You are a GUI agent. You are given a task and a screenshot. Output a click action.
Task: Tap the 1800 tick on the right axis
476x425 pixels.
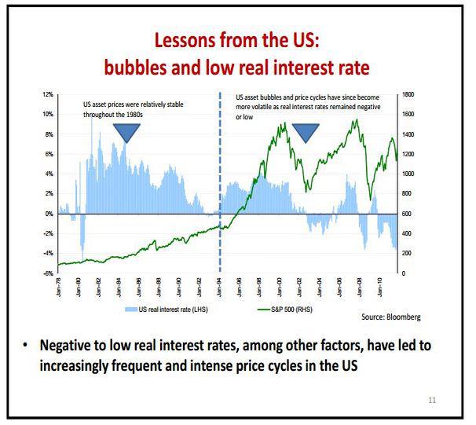pyautogui.click(x=409, y=94)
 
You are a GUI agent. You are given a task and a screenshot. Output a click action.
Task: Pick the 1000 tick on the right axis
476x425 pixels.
pyautogui.click(x=409, y=174)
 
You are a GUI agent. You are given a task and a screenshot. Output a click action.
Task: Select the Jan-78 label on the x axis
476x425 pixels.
pyautogui.click(x=60, y=287)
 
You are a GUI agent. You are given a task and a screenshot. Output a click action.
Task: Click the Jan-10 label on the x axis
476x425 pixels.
pyautogui.click(x=381, y=287)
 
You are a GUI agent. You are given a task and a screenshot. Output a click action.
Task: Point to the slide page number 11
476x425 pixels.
pyautogui.click(x=431, y=401)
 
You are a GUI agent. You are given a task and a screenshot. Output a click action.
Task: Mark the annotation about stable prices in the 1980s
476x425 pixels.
pyautogui.click(x=134, y=108)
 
